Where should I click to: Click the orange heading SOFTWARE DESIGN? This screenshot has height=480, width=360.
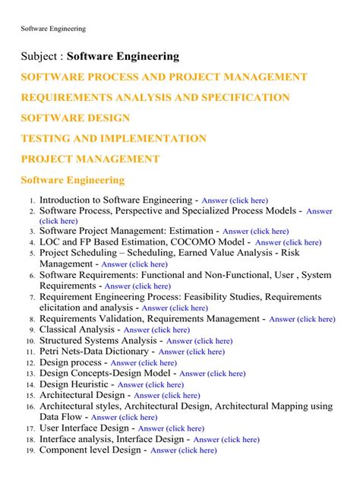(75, 118)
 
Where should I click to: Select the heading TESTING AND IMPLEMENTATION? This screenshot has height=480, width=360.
(113, 138)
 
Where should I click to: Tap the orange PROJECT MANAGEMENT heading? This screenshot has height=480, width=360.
(90, 159)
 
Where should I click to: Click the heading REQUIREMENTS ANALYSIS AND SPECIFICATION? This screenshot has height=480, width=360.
(155, 97)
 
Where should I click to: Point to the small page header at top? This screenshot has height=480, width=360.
(52, 29)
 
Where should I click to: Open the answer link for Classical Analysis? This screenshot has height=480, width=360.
(156, 330)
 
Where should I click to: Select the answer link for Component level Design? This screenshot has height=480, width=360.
(183, 450)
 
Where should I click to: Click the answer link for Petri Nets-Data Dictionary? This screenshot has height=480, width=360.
(191, 352)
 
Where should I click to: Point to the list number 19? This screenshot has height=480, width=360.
(30, 450)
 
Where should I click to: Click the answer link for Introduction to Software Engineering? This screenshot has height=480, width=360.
(235, 201)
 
